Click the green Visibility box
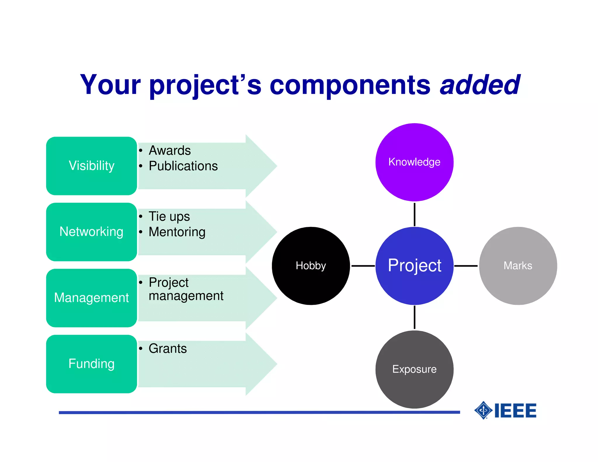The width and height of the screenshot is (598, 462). tap(91, 166)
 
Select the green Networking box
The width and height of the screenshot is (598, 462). tap(91, 232)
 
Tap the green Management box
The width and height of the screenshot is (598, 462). tap(91, 298)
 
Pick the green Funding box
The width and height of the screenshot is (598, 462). tap(91, 364)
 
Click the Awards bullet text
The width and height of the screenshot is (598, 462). tap(170, 150)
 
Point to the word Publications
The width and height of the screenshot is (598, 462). tap(183, 166)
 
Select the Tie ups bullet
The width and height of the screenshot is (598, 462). tap(169, 216)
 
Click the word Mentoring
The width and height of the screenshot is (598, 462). tap(177, 232)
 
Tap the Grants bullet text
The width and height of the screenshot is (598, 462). tap(168, 348)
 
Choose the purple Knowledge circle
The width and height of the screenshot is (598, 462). tap(414, 162)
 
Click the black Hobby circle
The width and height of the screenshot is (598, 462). tap(311, 266)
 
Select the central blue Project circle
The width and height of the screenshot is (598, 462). tap(414, 266)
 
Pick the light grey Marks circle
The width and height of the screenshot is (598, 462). tap(518, 266)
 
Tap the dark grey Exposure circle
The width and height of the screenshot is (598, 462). tap(414, 369)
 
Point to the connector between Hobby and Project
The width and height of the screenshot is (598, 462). tap(363, 266)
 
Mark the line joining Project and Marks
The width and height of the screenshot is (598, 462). tap(466, 266)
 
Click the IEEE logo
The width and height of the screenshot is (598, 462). tap(505, 410)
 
